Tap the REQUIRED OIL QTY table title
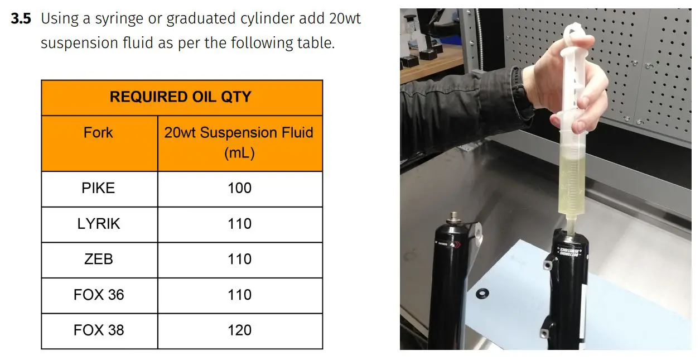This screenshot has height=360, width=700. click(181, 97)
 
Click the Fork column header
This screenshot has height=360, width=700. click(98, 133)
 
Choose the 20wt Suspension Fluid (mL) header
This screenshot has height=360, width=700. click(239, 142)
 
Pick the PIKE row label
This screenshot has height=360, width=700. click(98, 188)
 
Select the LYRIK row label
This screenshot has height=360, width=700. click(98, 224)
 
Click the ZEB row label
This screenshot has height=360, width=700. click(98, 259)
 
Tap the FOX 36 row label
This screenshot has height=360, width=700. click(98, 295)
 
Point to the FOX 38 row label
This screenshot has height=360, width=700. click(98, 330)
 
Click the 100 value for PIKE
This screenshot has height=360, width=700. click(239, 188)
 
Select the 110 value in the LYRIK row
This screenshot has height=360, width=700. click(239, 224)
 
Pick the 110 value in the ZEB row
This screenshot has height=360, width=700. click(239, 259)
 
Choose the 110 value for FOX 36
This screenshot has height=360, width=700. click(239, 295)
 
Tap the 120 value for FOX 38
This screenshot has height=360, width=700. click(239, 330)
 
